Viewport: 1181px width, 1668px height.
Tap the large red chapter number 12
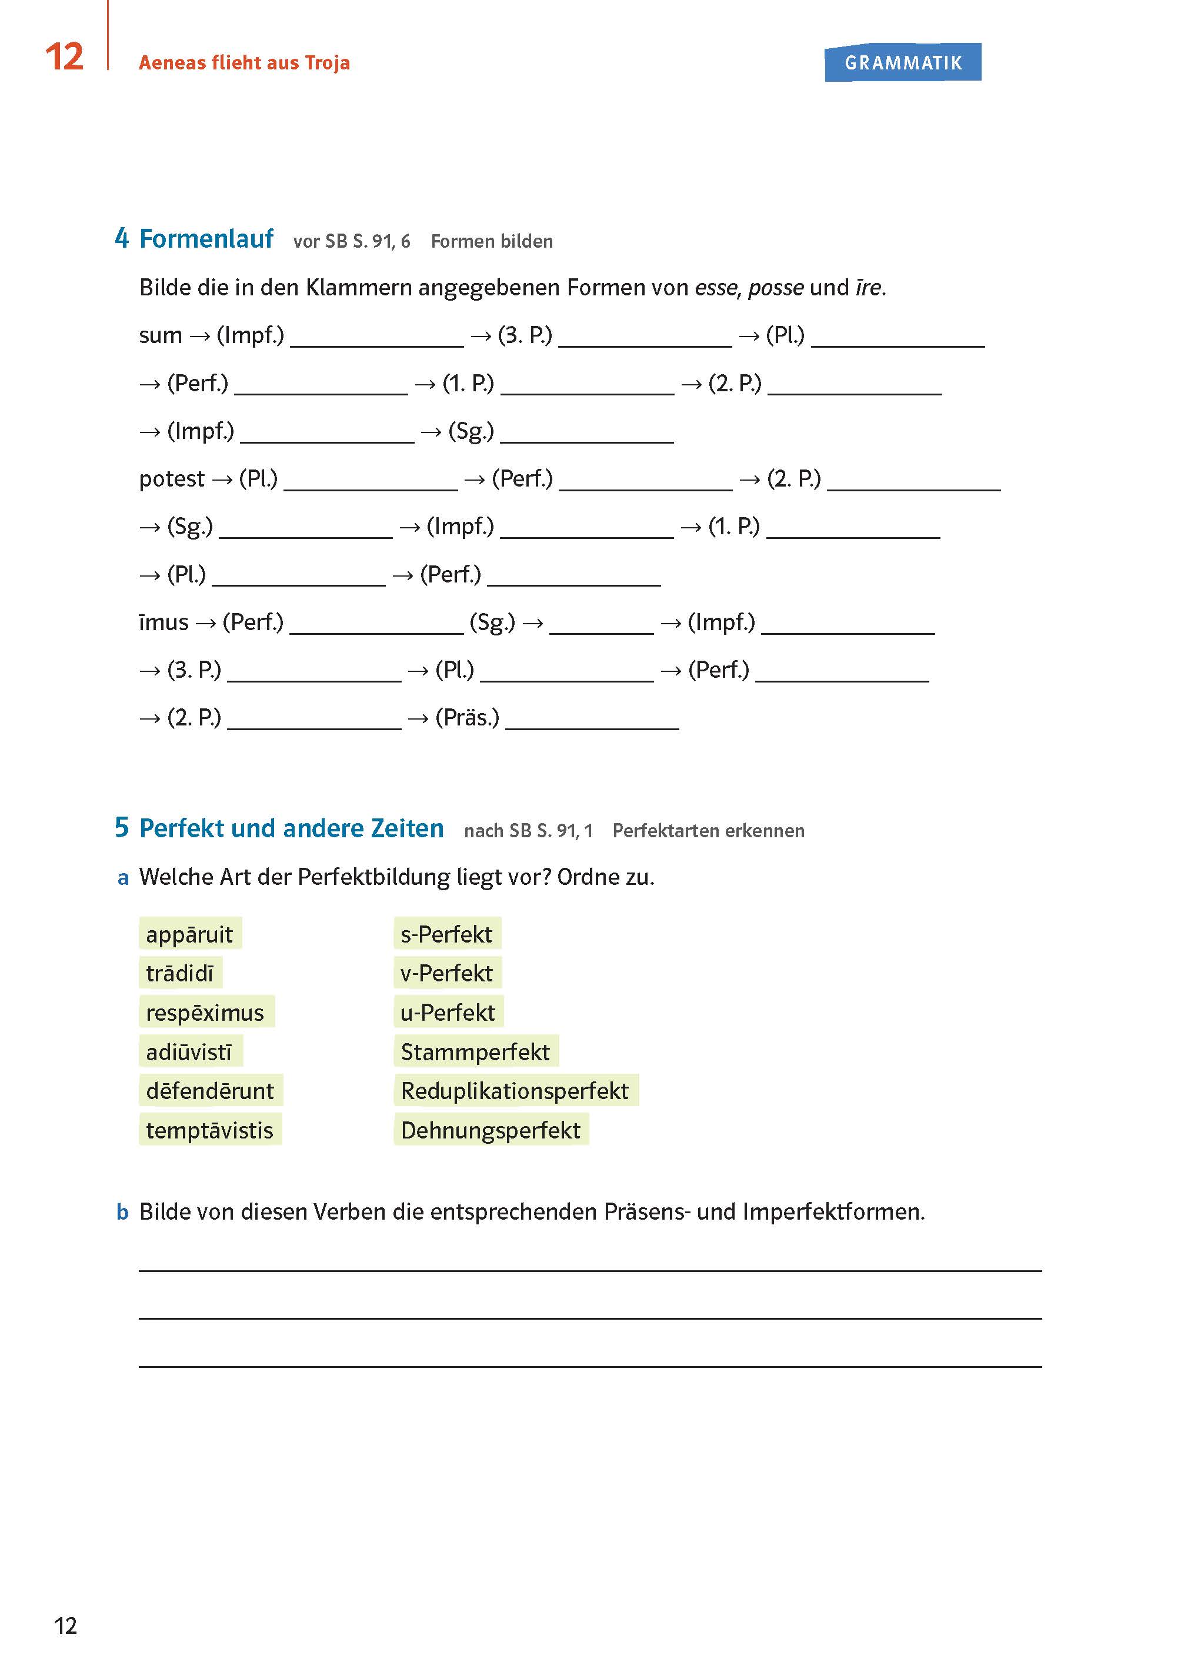pos(64,56)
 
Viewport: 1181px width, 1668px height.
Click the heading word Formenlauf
pos(206,239)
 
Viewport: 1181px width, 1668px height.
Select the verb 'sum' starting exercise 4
pos(160,335)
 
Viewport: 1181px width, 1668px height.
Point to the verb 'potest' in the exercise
pos(172,479)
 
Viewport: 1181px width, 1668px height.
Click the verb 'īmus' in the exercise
pos(164,622)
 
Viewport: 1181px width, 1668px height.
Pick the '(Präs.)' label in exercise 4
pos(467,718)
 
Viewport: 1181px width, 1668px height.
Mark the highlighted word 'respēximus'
pos(205,1013)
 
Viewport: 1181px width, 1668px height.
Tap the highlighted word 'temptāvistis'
pos(209,1130)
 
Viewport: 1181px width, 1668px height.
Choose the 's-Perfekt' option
pos(446,934)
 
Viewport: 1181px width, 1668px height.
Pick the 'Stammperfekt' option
pos(476,1052)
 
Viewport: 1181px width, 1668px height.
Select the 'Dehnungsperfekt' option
pos(491,1130)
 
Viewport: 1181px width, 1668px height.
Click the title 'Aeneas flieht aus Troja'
pos(244,62)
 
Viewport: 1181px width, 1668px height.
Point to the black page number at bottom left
pos(65,1626)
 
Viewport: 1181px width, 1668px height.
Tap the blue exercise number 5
pos(121,827)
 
